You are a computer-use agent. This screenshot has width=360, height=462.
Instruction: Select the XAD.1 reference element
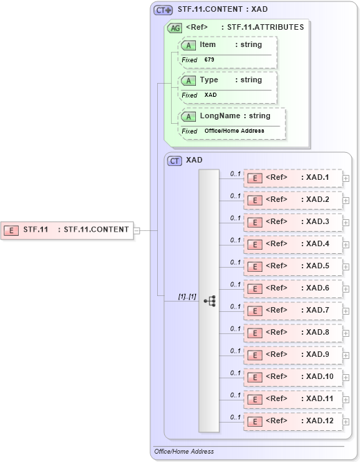(x=293, y=178)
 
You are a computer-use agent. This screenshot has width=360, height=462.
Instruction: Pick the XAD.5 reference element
(x=293, y=266)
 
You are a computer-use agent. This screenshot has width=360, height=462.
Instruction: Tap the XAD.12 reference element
(x=293, y=421)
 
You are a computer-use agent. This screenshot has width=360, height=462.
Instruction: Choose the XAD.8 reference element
(x=293, y=333)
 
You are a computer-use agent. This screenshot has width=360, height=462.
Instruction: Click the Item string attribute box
(x=228, y=45)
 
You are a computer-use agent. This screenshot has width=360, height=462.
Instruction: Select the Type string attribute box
(x=228, y=80)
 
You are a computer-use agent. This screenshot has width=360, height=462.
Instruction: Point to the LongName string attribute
(x=232, y=116)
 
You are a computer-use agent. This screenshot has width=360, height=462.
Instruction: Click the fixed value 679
(x=210, y=60)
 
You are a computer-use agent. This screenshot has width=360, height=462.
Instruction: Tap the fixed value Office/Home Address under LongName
(x=234, y=131)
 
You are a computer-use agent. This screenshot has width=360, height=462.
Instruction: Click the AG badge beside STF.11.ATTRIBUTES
(x=175, y=28)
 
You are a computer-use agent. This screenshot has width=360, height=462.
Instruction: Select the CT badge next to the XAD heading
(x=175, y=160)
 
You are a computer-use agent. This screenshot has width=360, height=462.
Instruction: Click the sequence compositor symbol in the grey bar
(x=209, y=301)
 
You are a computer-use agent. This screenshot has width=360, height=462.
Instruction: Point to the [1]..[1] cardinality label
(x=187, y=297)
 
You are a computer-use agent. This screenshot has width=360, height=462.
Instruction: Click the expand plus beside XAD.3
(x=346, y=222)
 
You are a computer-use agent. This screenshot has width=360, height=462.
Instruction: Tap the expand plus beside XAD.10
(x=346, y=377)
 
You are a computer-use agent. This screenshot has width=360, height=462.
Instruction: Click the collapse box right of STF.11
(x=136, y=230)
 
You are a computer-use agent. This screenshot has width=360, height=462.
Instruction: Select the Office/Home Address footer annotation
(x=184, y=452)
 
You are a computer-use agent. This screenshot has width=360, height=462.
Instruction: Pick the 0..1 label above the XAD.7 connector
(x=235, y=306)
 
